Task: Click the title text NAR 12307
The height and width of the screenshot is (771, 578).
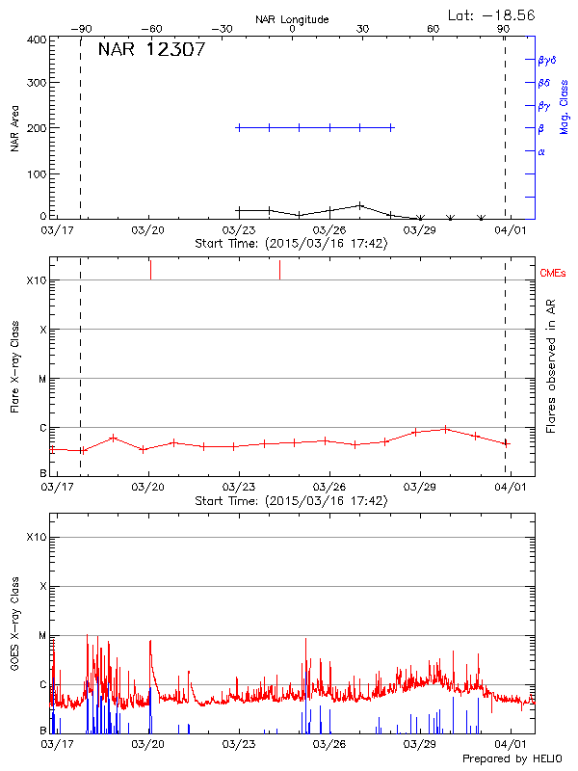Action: pyautogui.click(x=151, y=50)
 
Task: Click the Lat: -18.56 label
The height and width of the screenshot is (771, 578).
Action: pyautogui.click(x=492, y=14)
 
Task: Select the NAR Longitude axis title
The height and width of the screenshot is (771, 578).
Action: pyautogui.click(x=292, y=18)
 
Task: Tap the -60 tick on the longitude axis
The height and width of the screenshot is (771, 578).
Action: pyautogui.click(x=150, y=29)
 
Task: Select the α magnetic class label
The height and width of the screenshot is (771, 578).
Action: pyautogui.click(x=541, y=151)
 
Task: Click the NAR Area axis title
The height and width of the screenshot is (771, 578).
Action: pyautogui.click(x=14, y=128)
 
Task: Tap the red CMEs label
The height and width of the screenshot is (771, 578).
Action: pyautogui.click(x=554, y=274)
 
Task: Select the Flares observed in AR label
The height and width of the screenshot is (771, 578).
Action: pyautogui.click(x=552, y=367)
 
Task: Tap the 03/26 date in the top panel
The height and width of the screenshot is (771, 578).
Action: pyautogui.click(x=329, y=230)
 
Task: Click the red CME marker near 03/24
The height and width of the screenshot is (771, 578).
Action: pyautogui.click(x=279, y=270)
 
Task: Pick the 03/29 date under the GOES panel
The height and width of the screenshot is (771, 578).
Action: pyautogui.click(x=420, y=744)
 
